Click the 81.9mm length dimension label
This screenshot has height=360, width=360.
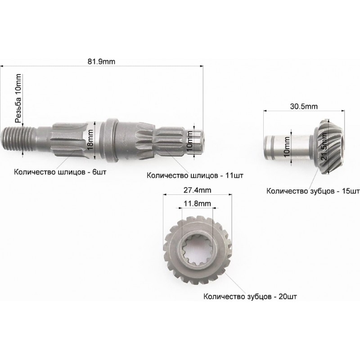(x=101, y=62)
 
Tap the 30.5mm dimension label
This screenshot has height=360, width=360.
(x=304, y=107)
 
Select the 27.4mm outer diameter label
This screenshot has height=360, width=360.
(x=197, y=190)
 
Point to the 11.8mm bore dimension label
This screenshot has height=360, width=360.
(x=197, y=203)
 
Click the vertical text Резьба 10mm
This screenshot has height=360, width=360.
(x=18, y=99)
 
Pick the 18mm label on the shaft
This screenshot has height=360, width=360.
(x=90, y=140)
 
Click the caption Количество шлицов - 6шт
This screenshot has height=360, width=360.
(x=60, y=172)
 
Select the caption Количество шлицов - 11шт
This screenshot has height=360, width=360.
(x=195, y=175)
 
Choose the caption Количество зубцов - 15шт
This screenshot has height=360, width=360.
(x=313, y=191)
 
